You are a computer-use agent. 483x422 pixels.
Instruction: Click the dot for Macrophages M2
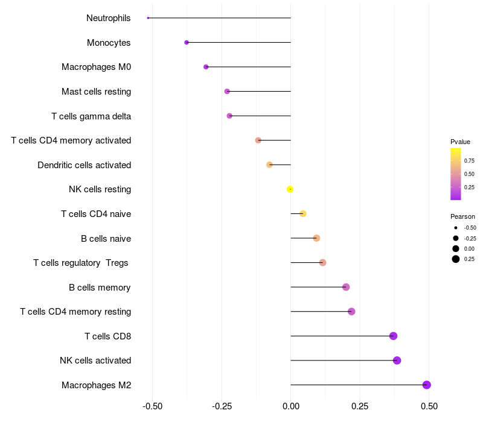(x=426, y=385)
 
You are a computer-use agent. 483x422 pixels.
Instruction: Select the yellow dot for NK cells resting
(x=290, y=189)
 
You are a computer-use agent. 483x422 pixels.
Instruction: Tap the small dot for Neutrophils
(x=148, y=18)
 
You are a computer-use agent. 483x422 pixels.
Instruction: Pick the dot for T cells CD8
(x=393, y=336)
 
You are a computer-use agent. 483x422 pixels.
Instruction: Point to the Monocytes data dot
(x=187, y=42)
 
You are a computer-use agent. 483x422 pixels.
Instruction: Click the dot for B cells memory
(x=346, y=287)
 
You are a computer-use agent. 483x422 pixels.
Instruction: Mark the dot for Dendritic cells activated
(x=270, y=165)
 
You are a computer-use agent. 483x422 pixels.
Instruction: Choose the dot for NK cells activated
(x=397, y=361)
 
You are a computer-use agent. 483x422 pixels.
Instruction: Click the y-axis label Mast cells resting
(x=96, y=92)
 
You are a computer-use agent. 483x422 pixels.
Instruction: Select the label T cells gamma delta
(x=91, y=116)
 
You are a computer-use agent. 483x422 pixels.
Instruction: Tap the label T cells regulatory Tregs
(x=81, y=263)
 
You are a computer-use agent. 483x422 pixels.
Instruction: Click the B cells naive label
(x=106, y=238)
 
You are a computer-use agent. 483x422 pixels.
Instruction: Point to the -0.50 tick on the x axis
(x=152, y=407)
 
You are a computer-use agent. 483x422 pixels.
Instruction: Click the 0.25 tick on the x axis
(x=360, y=407)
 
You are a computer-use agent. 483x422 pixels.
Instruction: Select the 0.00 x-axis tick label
(x=290, y=407)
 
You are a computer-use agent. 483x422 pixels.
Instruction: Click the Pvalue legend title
(x=460, y=142)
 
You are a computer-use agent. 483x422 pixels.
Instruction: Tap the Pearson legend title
(x=462, y=216)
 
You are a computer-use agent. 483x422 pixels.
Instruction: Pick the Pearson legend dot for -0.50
(x=456, y=228)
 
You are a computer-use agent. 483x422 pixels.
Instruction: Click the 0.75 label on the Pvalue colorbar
(x=469, y=160)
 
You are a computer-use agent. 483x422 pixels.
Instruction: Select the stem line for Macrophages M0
(x=248, y=67)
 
